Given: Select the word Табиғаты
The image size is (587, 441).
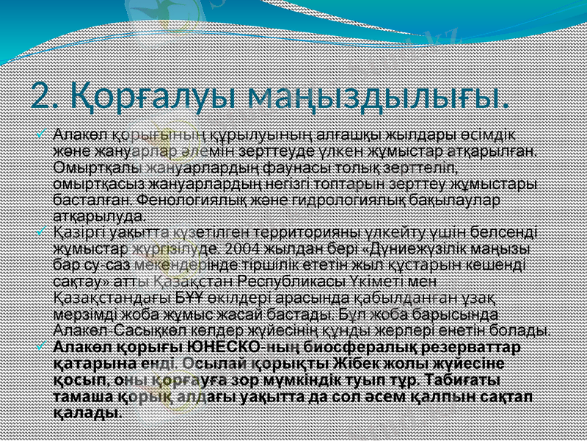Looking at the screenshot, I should [465, 380].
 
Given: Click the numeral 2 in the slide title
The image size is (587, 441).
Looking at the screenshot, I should [45, 95].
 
